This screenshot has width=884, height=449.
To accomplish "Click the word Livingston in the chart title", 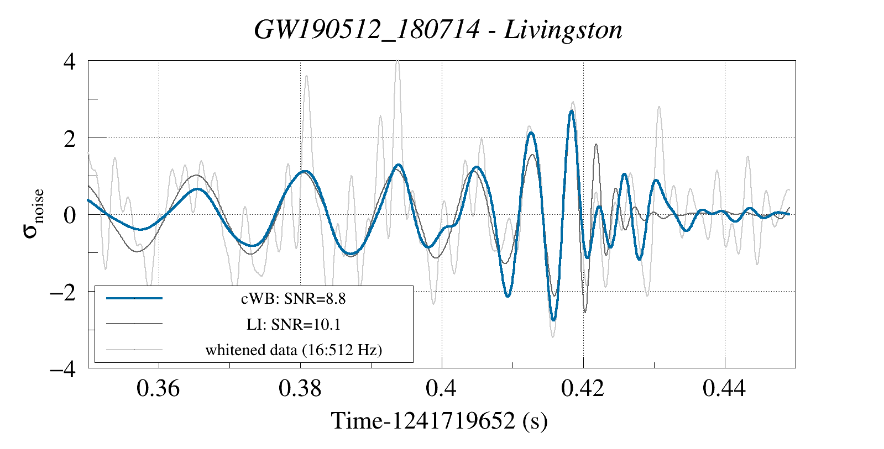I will click(x=563, y=30).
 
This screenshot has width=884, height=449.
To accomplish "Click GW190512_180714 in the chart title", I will click(x=367, y=30).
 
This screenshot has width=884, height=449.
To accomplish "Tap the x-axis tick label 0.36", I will click(x=158, y=389).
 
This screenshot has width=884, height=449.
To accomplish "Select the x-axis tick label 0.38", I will click(x=300, y=389).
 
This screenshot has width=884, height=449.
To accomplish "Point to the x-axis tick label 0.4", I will click(x=441, y=389).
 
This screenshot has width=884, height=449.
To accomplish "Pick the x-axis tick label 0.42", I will click(x=583, y=389).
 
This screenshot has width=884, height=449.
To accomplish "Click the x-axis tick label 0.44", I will click(x=724, y=389).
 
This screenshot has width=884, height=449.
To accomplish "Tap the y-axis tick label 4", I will click(x=70, y=61).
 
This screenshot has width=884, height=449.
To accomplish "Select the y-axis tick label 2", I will click(x=70, y=139).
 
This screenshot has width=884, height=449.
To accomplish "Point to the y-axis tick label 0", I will click(x=70, y=215).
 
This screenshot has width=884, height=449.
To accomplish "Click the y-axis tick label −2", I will click(x=62, y=292).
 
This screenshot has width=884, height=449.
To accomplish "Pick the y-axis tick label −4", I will click(x=62, y=368).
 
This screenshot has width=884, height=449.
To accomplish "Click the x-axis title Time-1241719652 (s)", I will click(x=440, y=421).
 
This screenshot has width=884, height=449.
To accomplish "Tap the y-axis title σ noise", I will click(x=33, y=214).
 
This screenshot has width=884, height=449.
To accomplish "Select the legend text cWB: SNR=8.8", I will click(x=293, y=299).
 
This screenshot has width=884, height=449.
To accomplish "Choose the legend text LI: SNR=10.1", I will click(x=293, y=324).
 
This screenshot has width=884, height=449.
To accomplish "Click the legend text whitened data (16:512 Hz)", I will click(x=294, y=350).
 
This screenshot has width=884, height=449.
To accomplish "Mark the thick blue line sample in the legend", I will click(x=134, y=298).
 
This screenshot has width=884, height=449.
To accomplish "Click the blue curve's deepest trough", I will click(x=554, y=319).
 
